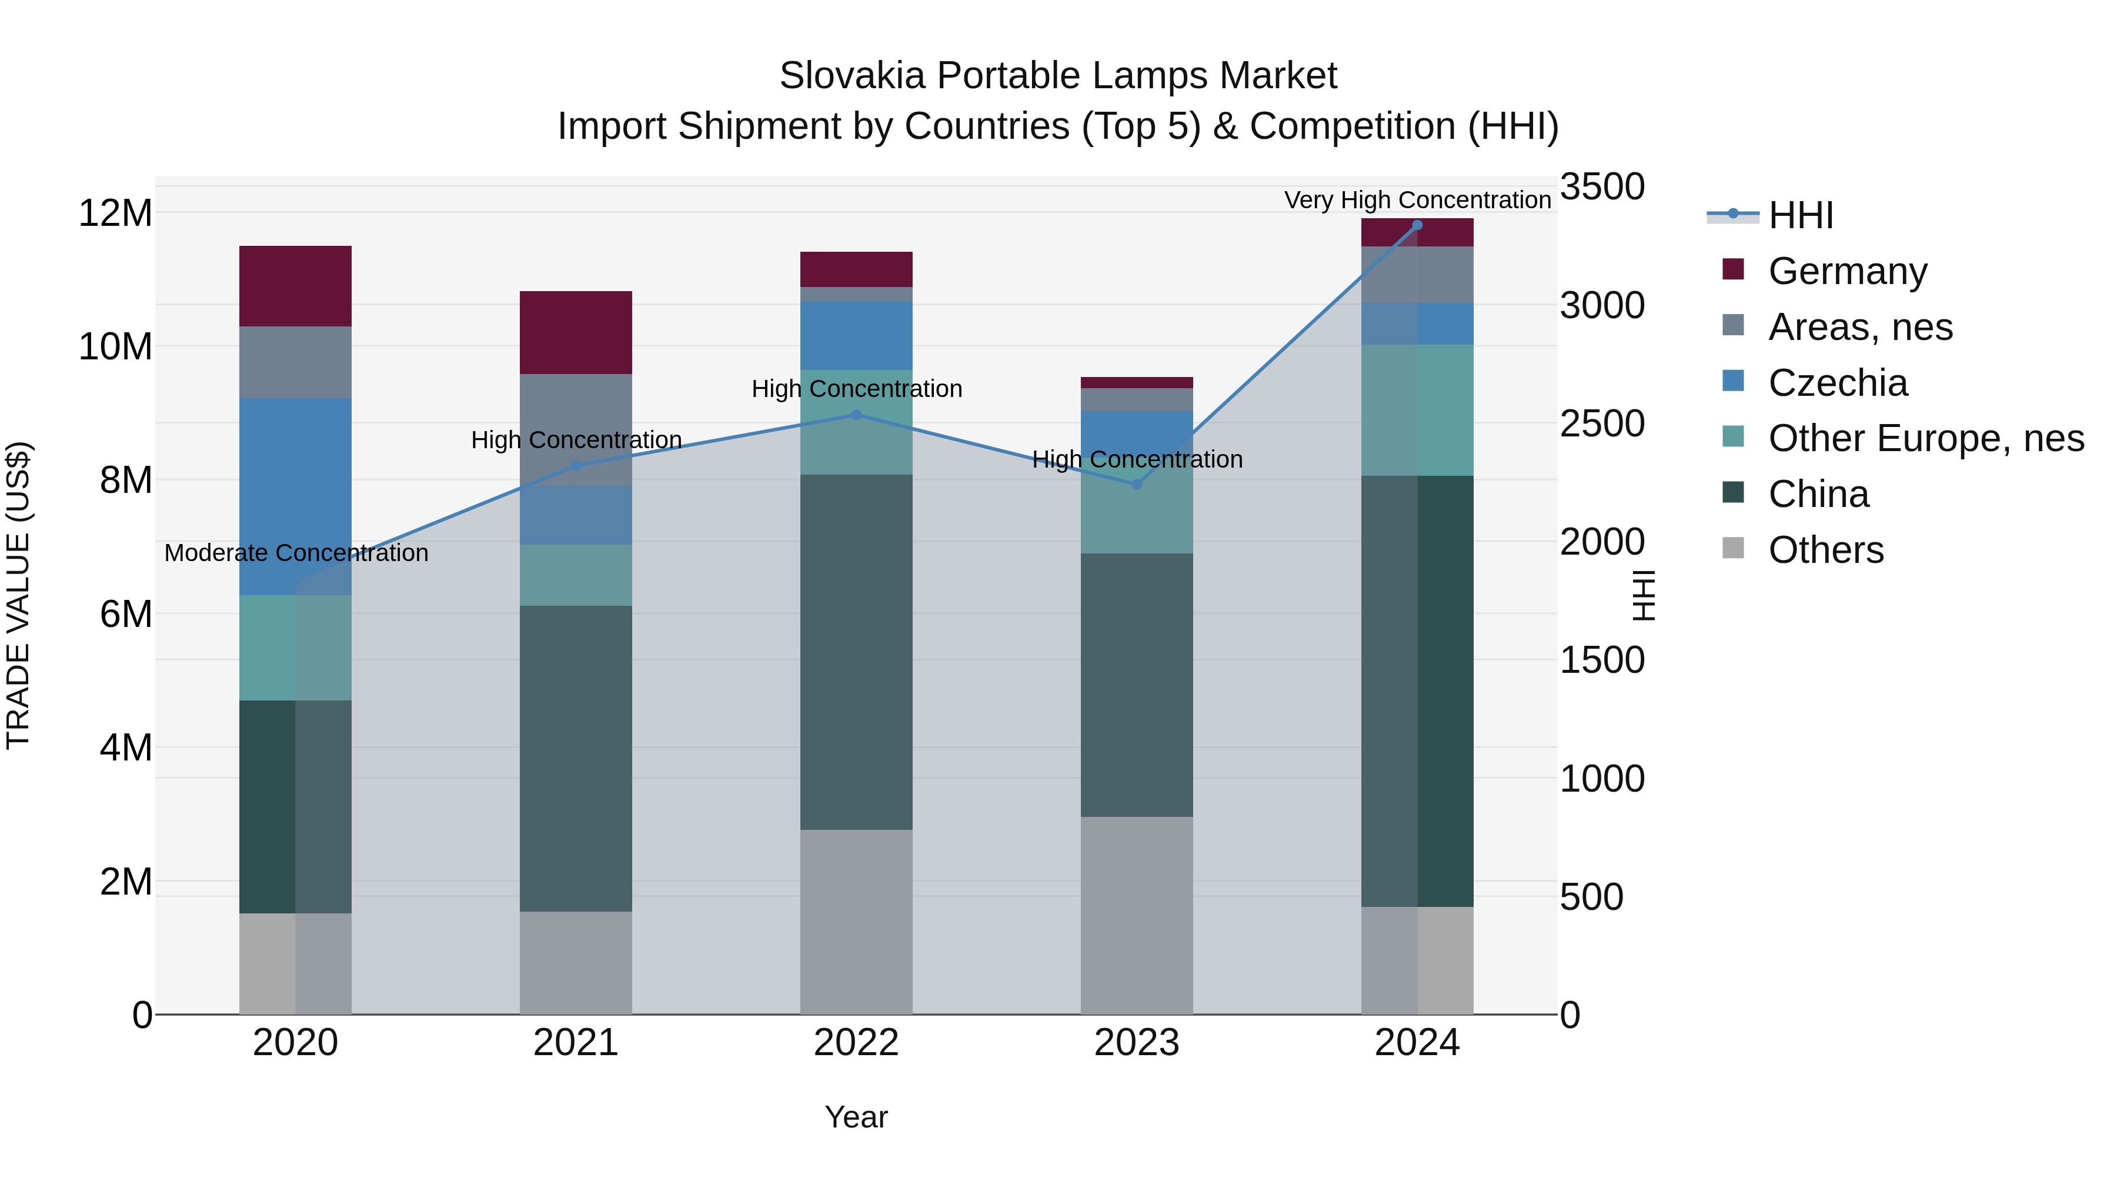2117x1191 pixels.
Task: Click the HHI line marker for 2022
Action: tap(856, 415)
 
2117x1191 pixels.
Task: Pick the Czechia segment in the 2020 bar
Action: tap(295, 496)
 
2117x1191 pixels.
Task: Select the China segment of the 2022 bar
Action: tap(856, 652)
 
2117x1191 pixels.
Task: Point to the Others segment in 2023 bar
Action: tap(1137, 915)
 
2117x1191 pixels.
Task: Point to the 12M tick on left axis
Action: tap(115, 213)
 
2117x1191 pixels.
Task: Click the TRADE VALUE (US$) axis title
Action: tap(19, 595)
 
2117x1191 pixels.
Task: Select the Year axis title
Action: tap(856, 1117)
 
